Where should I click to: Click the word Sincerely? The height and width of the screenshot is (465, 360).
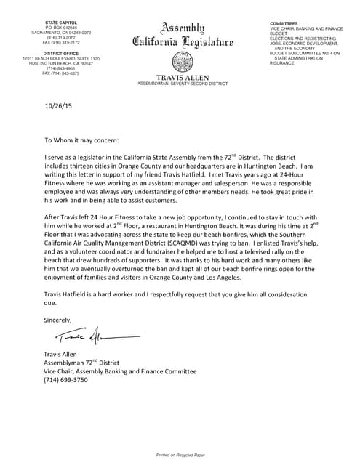58,320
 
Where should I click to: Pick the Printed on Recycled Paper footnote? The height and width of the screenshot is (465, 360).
180,454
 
